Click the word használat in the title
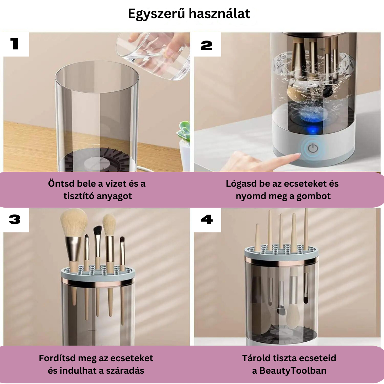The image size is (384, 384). click(x=220, y=14)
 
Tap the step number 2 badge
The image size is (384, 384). click(x=207, y=46)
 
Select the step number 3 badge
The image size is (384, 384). click(x=15, y=219)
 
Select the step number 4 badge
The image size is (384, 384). click(x=207, y=219)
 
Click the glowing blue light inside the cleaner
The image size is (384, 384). click(x=313, y=130)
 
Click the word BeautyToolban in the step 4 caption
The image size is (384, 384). click(x=293, y=370)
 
